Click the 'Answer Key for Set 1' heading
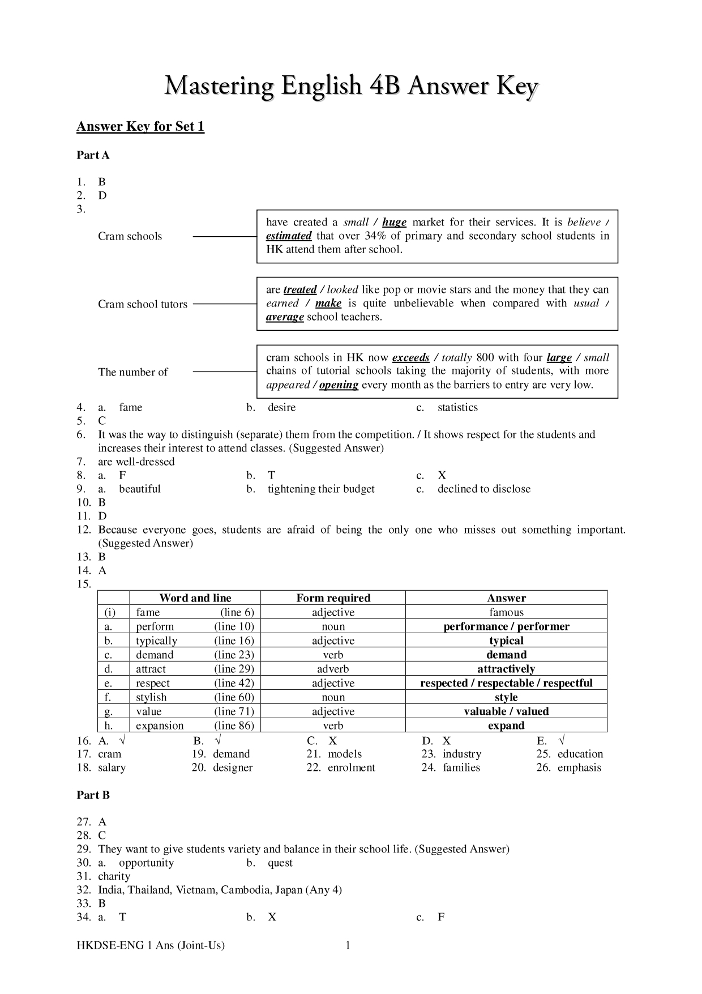coord(140,126)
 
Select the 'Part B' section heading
coord(93,795)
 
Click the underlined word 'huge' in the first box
coord(394,223)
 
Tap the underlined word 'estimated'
coord(289,236)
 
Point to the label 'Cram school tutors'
coord(142,304)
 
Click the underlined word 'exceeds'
coord(410,358)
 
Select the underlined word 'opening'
coord(339,385)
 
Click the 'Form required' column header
coord(333,598)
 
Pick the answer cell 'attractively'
coord(506,669)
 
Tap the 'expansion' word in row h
coord(160,726)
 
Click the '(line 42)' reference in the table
coord(234,683)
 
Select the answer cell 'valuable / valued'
coord(506,711)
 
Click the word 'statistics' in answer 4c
coord(457,407)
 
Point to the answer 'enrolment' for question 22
coord(351,767)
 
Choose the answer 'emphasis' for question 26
coord(579,767)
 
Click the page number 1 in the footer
coord(348,945)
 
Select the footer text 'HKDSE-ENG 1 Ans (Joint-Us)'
coord(151,945)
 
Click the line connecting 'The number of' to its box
coord(225,372)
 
